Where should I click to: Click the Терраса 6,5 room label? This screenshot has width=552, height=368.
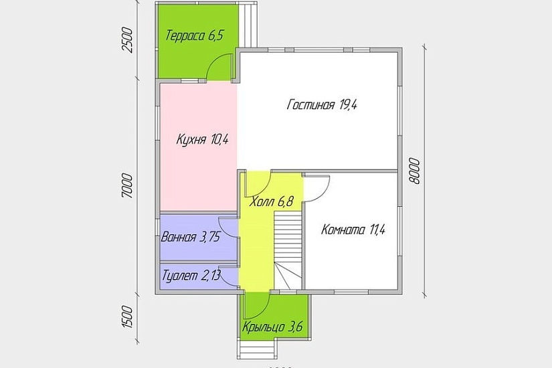[x=195, y=35]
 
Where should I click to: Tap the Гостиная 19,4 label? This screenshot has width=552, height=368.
[x=322, y=104]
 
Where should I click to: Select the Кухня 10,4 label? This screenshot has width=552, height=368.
[x=203, y=140]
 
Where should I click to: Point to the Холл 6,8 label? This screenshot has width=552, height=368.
[x=272, y=202]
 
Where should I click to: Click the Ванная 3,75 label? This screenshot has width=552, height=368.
[x=191, y=237]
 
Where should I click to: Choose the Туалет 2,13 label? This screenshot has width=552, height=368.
[x=191, y=276]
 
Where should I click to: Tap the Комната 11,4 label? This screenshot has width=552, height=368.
[x=353, y=230]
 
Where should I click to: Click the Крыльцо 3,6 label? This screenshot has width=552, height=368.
[x=272, y=327]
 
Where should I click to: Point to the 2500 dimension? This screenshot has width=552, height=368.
[x=128, y=40]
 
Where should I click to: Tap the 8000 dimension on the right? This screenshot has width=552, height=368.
[x=415, y=171]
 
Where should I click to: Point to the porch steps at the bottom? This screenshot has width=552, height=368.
[x=257, y=349]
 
